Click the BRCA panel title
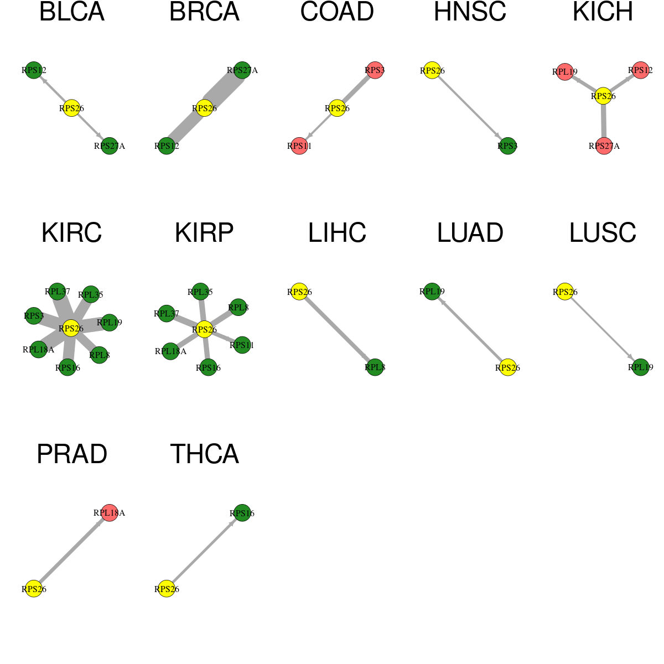(204, 12)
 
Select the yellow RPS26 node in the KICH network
(603, 96)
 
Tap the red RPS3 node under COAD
(375, 70)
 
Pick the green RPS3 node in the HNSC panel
(507, 146)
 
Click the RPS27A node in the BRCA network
(242, 70)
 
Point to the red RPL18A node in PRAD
(110, 513)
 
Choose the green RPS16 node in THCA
(242, 513)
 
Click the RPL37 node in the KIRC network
(57, 292)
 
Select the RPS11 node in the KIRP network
(242, 345)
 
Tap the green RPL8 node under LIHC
(375, 367)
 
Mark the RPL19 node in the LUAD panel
(432, 292)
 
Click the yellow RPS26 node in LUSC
(565, 292)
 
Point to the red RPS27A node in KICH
(604, 146)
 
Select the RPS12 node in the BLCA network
(34, 70)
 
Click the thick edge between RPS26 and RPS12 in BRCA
(185, 127)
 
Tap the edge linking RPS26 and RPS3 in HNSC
(470, 108)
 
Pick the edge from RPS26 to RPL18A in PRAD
(72, 551)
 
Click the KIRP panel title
(204, 233)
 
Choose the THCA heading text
(204, 454)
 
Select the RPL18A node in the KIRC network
(39, 349)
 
